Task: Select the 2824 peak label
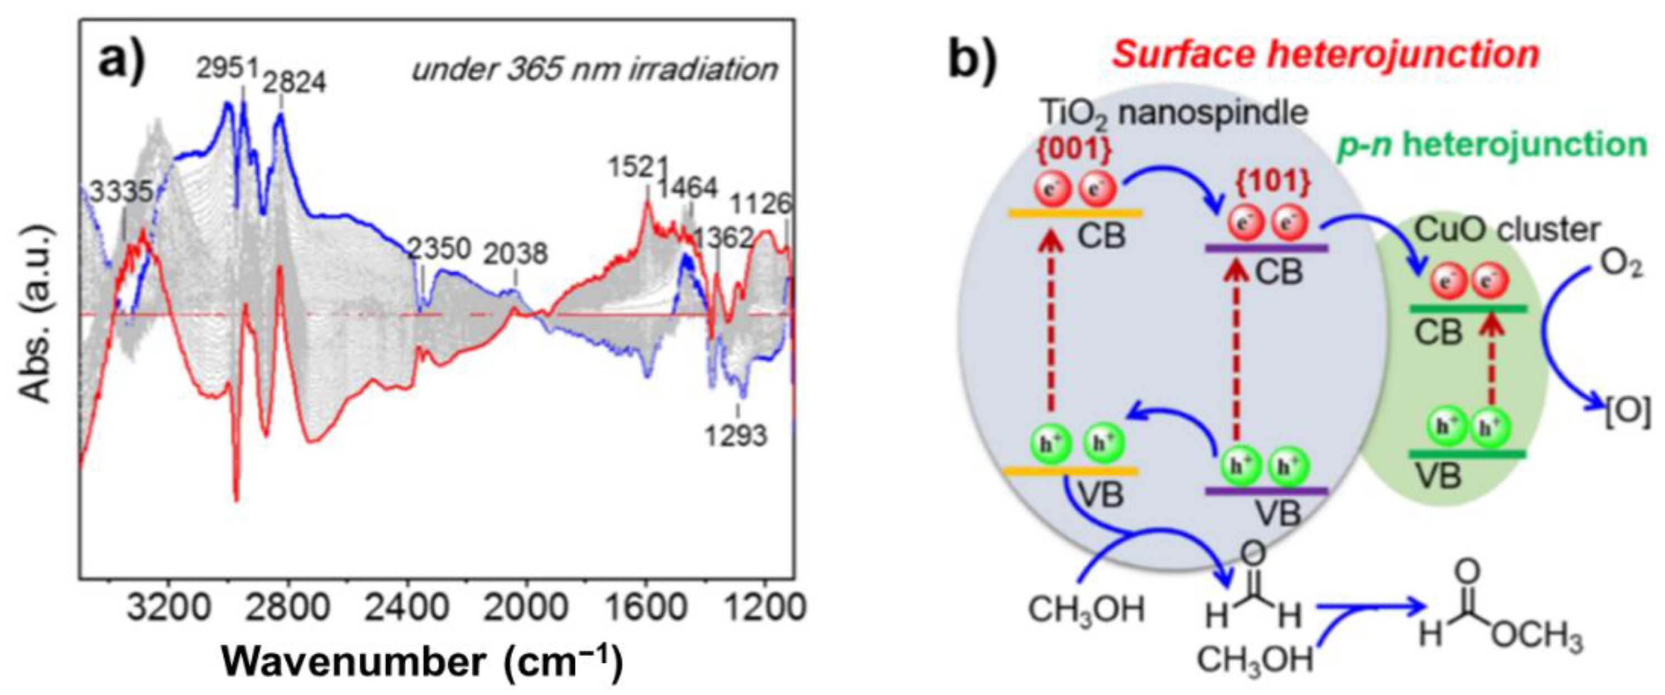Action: [x=295, y=82]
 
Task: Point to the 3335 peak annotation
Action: [x=121, y=192]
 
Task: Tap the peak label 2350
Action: [x=439, y=249]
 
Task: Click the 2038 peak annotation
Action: [x=516, y=253]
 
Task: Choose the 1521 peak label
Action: [x=637, y=168]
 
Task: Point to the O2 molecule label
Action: [x=1620, y=265]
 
